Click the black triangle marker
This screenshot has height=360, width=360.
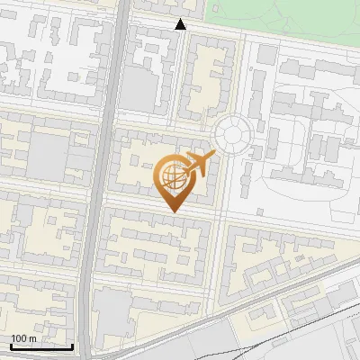coord(181,24)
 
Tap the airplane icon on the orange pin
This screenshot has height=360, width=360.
coord(199,164)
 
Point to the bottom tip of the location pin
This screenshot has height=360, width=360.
coord(171,211)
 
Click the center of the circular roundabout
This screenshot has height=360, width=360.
coord(231,135)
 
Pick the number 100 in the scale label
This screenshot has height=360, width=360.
coord(19,338)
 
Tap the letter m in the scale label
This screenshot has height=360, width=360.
coord(32,338)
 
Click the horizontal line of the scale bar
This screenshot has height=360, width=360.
coord(40,346)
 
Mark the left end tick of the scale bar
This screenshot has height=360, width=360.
coord(9,345)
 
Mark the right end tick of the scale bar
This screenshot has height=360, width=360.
coord(73,345)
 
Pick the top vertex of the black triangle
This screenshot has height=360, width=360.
coord(181,19)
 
